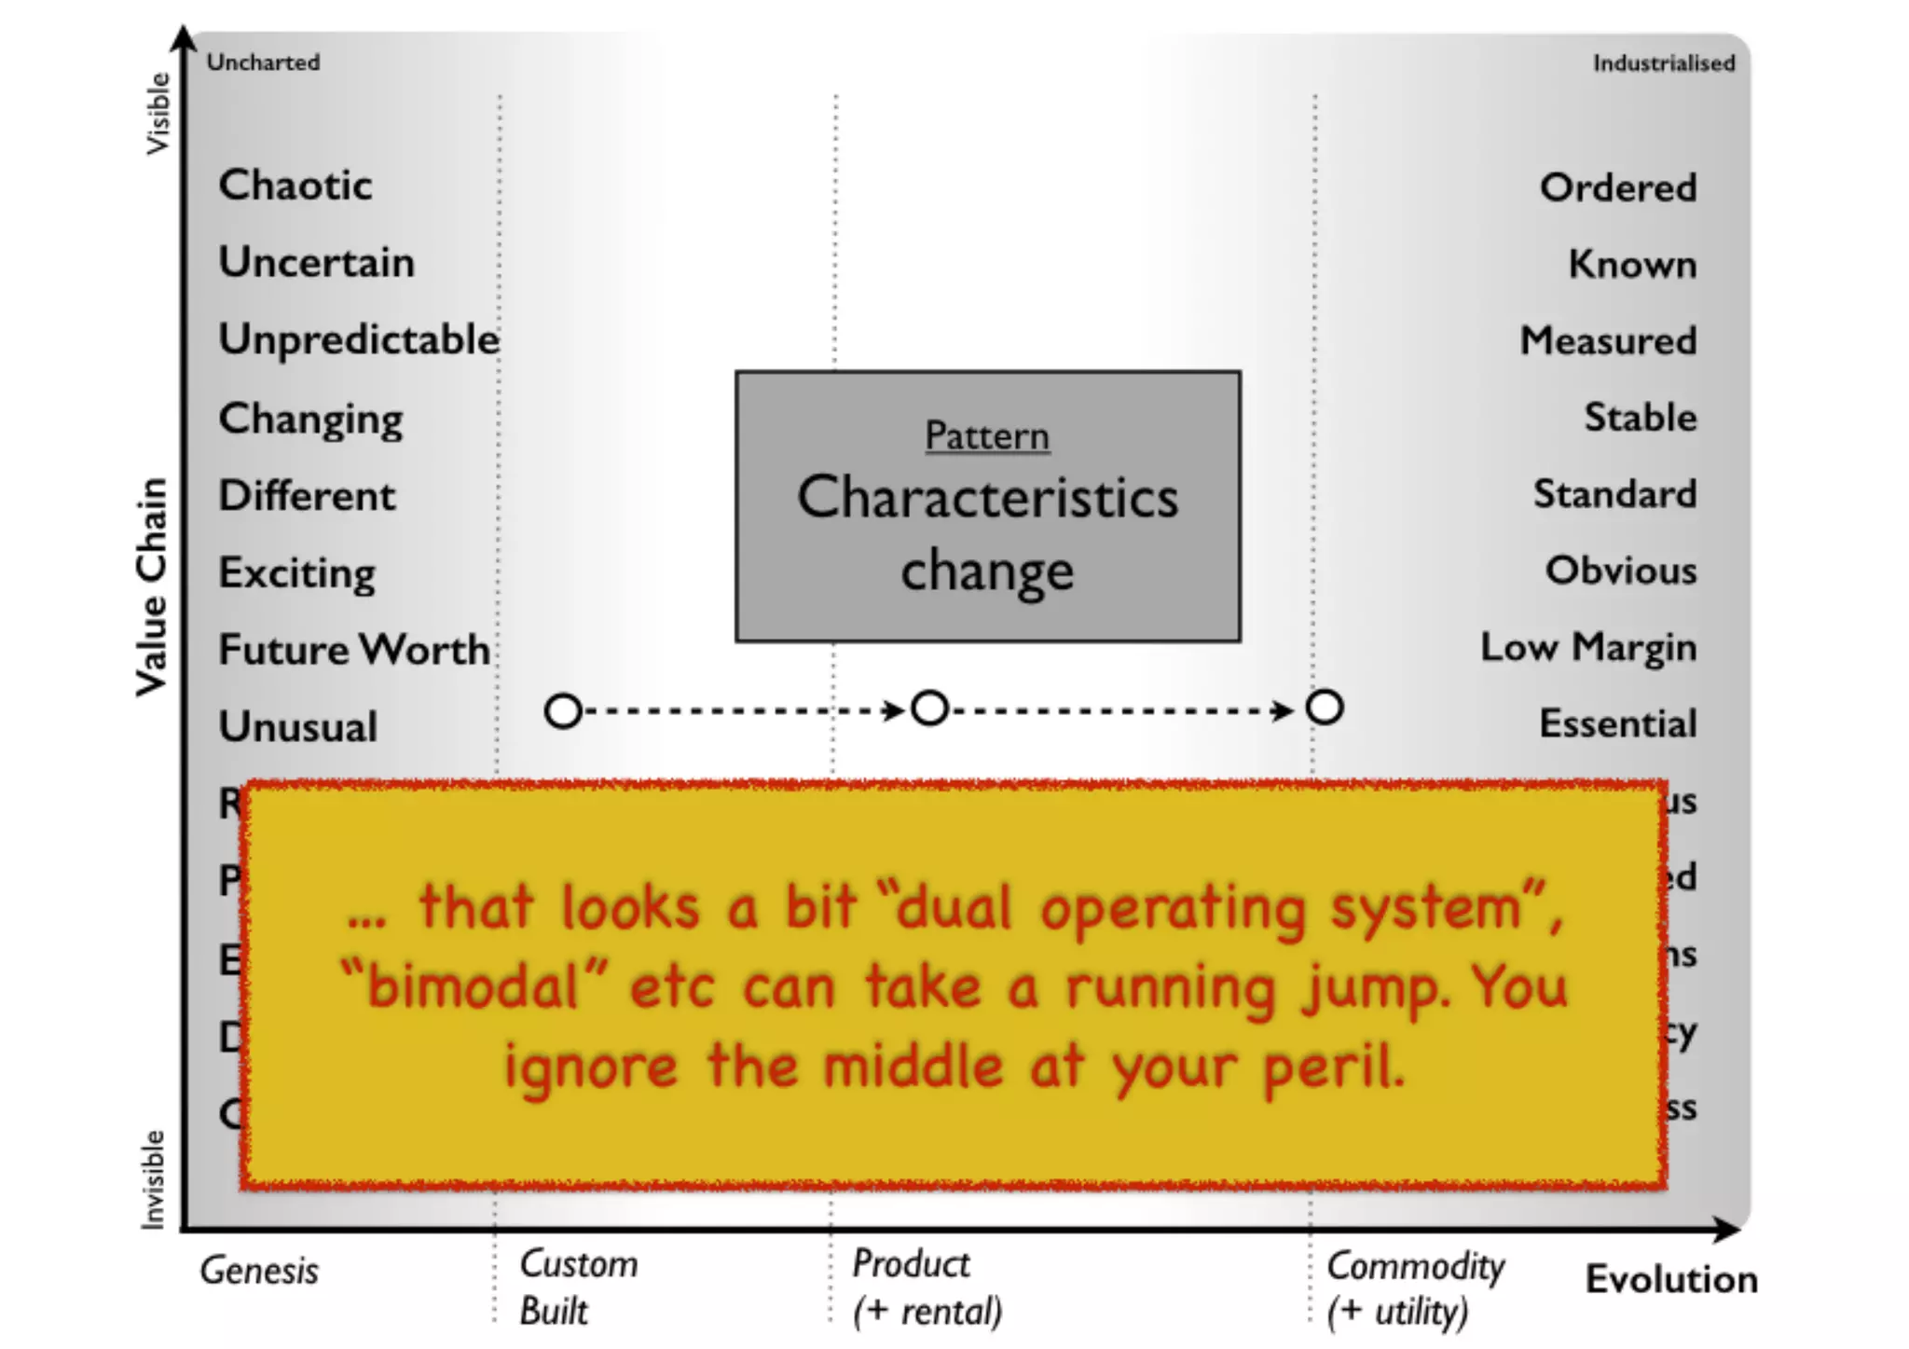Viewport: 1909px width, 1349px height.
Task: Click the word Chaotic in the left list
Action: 295,185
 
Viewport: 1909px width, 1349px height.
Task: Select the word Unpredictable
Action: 359,340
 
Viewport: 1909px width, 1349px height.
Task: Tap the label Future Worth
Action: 353,649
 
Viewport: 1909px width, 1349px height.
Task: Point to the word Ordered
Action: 1617,187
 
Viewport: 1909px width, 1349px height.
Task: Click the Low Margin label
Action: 1587,647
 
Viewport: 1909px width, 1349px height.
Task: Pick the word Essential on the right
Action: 1617,723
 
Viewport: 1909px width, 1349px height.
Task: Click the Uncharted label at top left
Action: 263,62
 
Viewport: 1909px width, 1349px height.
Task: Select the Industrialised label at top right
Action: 1663,63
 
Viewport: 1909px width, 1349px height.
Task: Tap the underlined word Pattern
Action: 987,436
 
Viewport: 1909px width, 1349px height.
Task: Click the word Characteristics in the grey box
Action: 987,497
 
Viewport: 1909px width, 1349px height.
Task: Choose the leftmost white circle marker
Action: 563,711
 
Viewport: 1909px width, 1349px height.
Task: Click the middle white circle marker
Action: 929,709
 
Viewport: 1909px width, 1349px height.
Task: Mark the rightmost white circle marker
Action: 1325,708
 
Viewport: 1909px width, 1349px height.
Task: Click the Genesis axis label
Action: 259,1271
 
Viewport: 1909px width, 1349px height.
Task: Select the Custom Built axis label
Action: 578,1287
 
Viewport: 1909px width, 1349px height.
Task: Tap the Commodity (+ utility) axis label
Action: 1415,1288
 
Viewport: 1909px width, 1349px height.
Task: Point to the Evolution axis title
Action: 1671,1279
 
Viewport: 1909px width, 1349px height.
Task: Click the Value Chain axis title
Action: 151,587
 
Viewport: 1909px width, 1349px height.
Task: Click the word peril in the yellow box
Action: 1333,1067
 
